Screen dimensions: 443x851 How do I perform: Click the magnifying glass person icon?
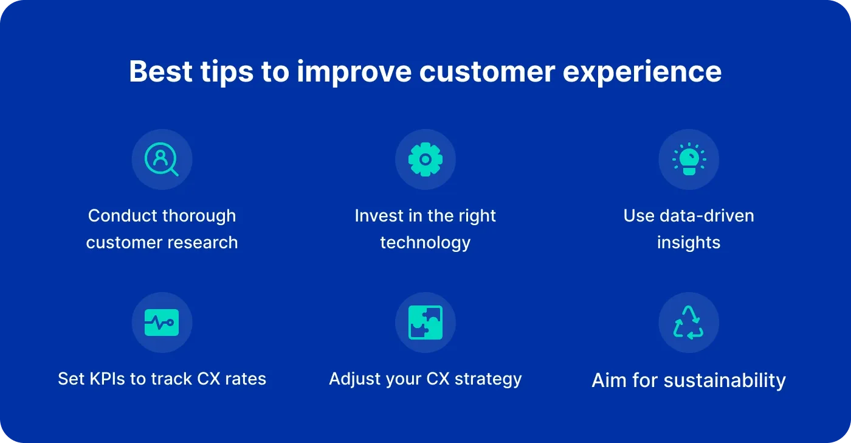pos(162,159)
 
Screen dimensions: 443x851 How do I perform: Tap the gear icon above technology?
pos(425,159)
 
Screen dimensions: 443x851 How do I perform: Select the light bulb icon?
pos(689,159)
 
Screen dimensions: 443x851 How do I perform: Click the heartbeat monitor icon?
pos(162,323)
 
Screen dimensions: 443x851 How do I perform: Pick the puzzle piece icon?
pos(425,323)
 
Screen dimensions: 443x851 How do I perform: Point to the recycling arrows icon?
pos(689,323)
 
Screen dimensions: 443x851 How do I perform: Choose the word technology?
pos(425,243)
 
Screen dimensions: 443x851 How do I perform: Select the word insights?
pos(689,243)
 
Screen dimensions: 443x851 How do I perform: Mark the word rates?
pos(246,379)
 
